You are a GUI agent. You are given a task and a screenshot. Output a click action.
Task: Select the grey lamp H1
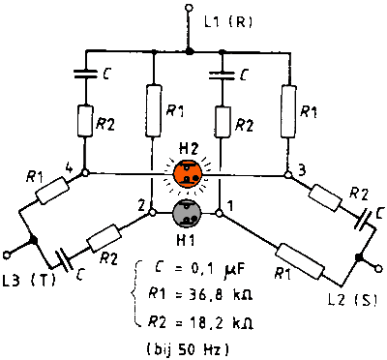[x=187, y=213]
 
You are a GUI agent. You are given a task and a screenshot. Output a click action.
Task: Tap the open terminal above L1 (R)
[x=190, y=8]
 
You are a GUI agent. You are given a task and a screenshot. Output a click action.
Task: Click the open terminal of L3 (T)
[x=7, y=255]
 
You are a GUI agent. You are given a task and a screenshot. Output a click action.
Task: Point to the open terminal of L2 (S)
[x=379, y=268]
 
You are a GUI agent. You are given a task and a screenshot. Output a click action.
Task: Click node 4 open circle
[x=85, y=173]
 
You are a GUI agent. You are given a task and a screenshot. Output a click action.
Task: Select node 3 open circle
[x=288, y=175]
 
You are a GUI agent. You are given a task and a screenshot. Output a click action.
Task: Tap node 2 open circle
[x=152, y=213]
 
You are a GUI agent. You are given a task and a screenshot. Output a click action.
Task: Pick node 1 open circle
[x=219, y=213]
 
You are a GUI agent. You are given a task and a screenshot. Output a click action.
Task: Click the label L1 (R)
[x=228, y=22]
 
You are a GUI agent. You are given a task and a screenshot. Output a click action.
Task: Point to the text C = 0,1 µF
[x=198, y=270]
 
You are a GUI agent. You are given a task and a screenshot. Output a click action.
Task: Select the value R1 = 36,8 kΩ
[x=200, y=294]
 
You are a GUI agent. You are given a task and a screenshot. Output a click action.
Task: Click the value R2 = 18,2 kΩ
[x=200, y=322]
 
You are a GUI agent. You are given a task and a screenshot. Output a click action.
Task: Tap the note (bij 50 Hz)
[x=188, y=349]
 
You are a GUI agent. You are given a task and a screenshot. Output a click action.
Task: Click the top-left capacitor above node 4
[x=85, y=74]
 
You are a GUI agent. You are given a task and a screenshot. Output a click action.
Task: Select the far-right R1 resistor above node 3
[x=288, y=111]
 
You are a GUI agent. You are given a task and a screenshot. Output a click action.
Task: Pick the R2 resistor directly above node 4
[x=85, y=121]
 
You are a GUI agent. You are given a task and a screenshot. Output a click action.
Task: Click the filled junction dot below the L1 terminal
[x=190, y=51]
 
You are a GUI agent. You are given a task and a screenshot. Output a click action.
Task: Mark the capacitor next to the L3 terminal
[x=64, y=262]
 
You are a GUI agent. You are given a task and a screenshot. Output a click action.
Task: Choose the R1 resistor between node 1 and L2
[x=301, y=261]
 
